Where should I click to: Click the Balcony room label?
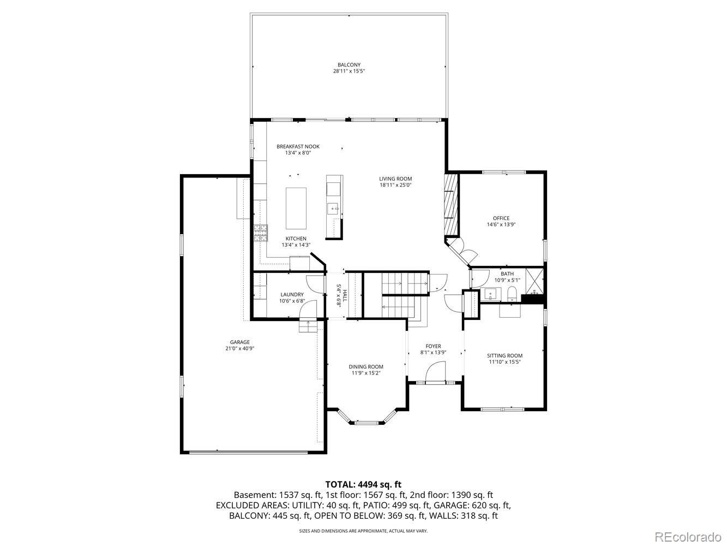(x=349, y=65)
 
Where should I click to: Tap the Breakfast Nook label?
(x=298, y=146)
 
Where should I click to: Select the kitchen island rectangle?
(x=296, y=208)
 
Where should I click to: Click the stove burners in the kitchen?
(x=260, y=233)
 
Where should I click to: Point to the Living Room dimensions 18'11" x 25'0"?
(x=395, y=185)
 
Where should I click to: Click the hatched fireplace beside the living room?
(x=451, y=204)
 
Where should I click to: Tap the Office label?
(x=501, y=218)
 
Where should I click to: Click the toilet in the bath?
(x=512, y=295)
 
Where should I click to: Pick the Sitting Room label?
(x=504, y=355)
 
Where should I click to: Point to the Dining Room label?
(x=366, y=367)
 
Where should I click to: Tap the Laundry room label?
(x=292, y=294)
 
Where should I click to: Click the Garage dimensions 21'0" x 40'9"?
(x=239, y=348)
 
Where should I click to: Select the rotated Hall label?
(x=341, y=295)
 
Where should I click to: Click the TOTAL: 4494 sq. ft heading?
(x=363, y=484)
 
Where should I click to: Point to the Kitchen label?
(x=296, y=239)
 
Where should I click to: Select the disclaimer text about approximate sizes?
(x=363, y=531)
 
